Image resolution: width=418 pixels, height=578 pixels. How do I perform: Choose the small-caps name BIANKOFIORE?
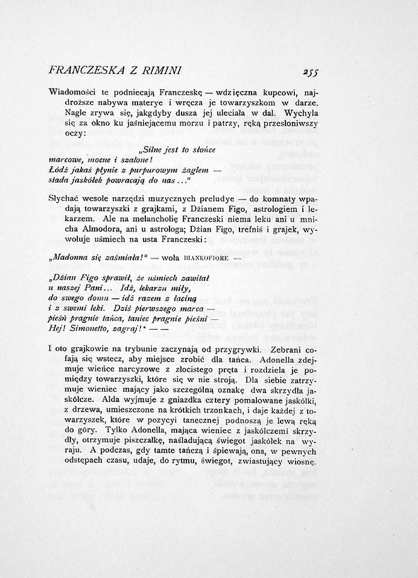tap(194, 256)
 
